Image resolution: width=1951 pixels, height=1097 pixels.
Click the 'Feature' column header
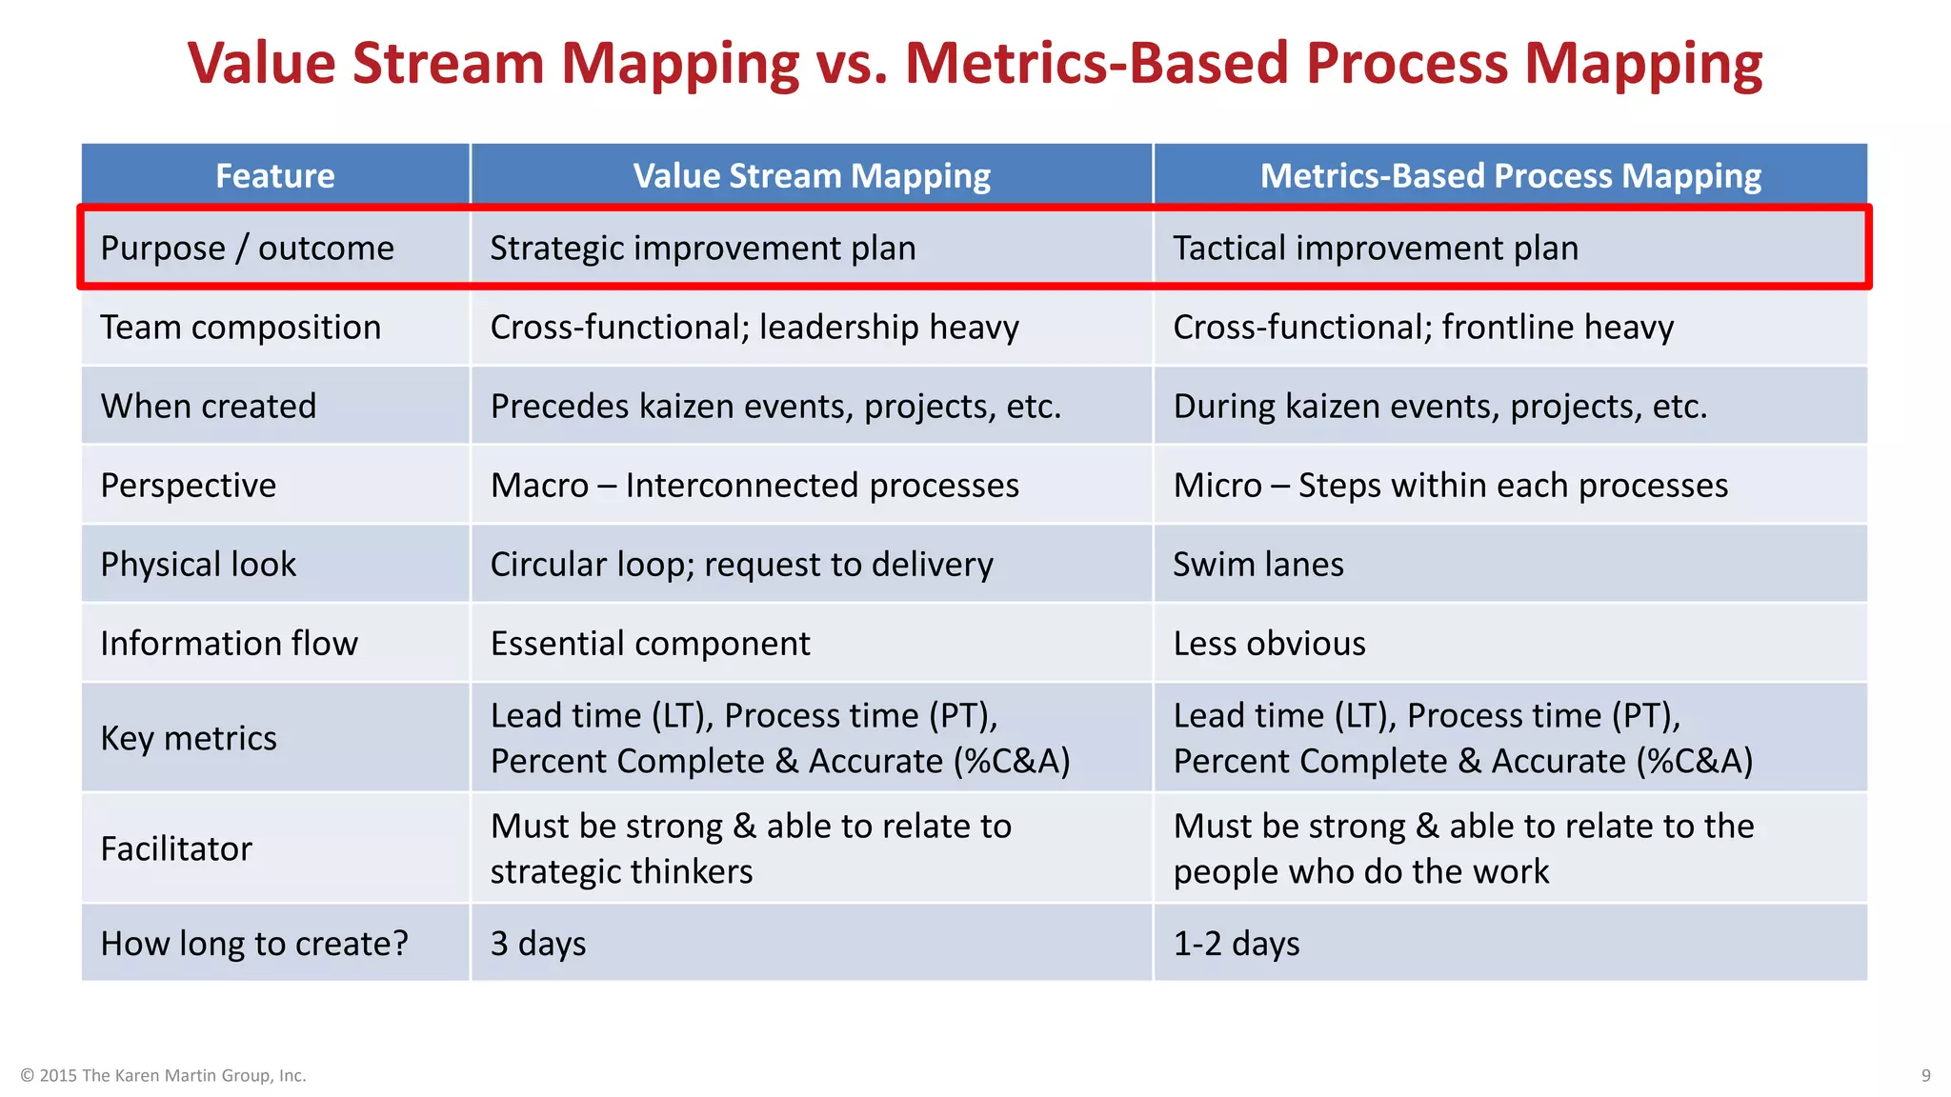tap(274, 176)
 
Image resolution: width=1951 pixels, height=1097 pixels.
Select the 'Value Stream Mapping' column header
tap(812, 176)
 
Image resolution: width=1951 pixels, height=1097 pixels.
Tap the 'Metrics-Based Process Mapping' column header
tap(1510, 176)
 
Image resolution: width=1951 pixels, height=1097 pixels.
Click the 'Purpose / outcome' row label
tap(247, 249)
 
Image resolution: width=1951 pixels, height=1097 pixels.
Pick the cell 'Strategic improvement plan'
tap(703, 249)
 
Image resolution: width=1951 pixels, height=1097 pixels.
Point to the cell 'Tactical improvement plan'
tap(1376, 249)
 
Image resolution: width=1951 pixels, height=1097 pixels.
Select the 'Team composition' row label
tap(240, 328)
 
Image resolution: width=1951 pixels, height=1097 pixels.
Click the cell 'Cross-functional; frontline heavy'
tap(1423, 328)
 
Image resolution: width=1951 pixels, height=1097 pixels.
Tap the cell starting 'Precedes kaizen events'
tap(775, 407)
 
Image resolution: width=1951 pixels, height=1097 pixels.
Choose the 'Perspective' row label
tap(189, 486)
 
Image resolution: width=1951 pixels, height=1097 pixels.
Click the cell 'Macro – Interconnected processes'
tap(754, 486)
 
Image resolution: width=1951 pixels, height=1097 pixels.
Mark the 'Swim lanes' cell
tap(1258, 565)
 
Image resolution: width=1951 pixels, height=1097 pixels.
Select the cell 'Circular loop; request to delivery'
tap(741, 565)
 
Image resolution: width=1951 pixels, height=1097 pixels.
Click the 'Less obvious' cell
tap(1269, 644)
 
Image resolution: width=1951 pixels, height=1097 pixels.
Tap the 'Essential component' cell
tap(650, 644)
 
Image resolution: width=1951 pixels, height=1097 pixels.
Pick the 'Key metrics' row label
tap(189, 738)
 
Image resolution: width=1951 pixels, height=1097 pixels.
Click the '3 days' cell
tap(538, 944)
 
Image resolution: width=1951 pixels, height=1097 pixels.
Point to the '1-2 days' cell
tap(1236, 944)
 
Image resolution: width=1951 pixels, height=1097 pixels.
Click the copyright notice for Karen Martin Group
tap(163, 1075)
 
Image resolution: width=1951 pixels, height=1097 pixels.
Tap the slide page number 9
tap(1925, 1075)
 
